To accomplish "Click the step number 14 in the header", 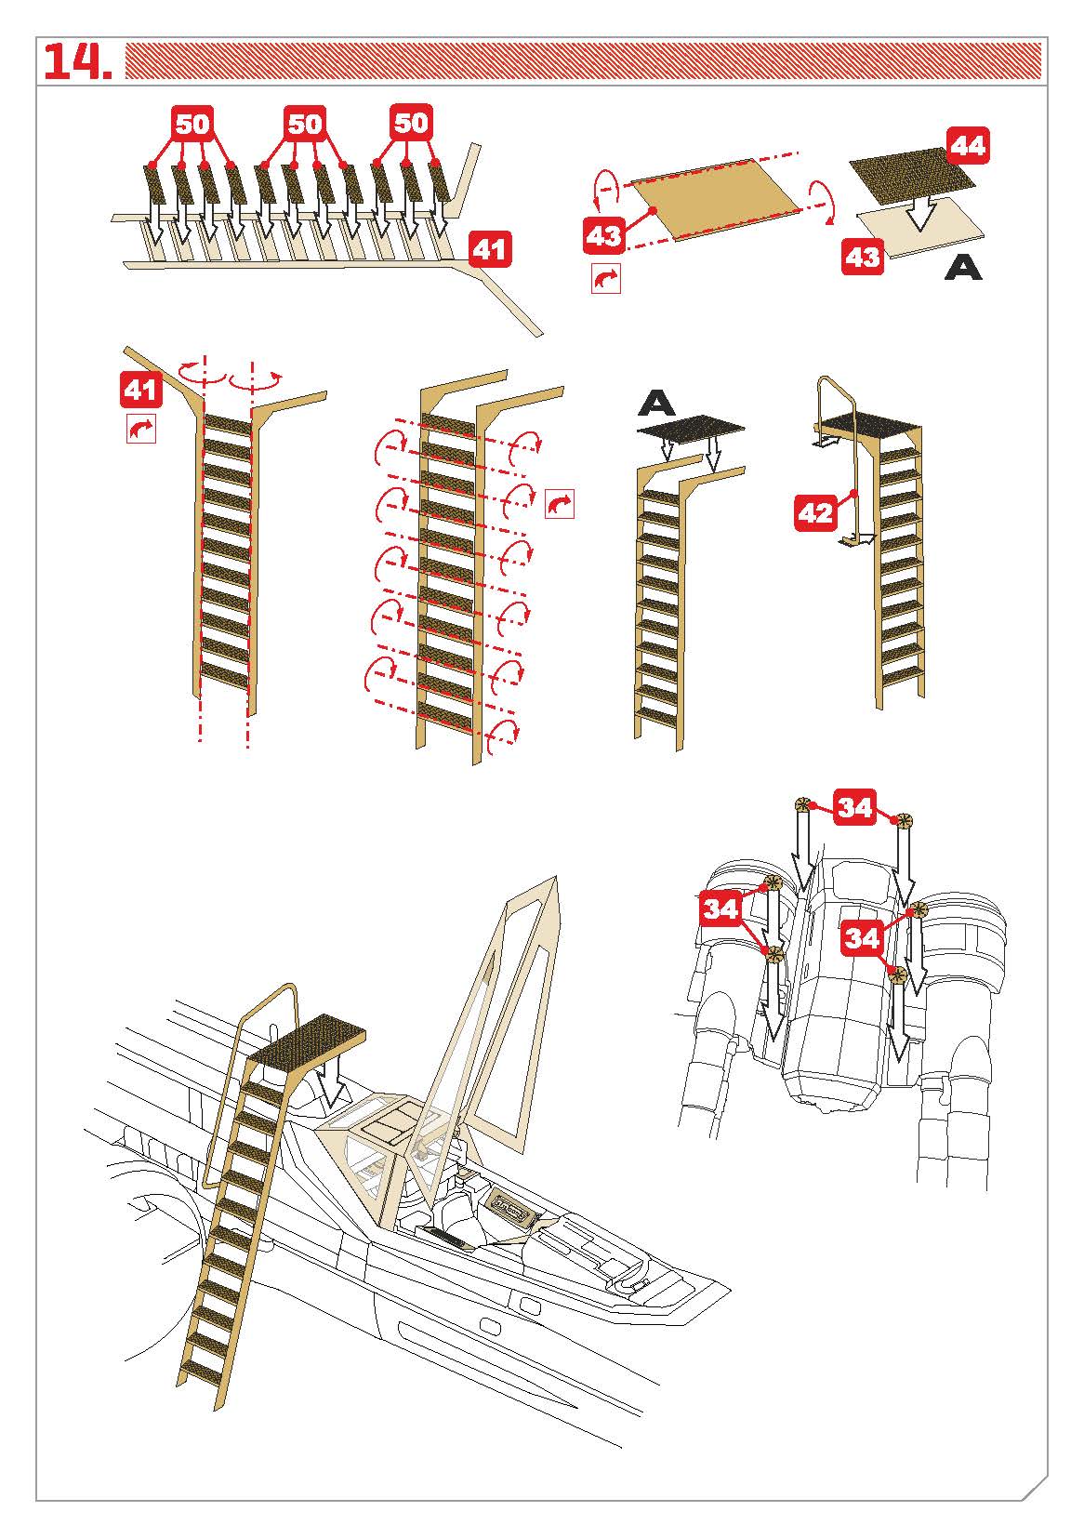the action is click(77, 61).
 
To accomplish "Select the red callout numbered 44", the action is click(968, 146).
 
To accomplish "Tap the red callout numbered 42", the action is click(815, 513).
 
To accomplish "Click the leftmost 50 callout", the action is click(192, 124).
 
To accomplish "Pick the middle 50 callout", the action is click(305, 124).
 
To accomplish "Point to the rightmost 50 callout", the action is click(411, 122).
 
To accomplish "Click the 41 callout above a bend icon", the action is click(140, 390).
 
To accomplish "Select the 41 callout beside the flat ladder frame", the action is click(490, 249).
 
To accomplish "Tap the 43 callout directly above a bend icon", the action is click(604, 235).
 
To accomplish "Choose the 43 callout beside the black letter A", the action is click(863, 257).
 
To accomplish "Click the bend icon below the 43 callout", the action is click(605, 278).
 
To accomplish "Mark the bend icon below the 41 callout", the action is click(141, 429).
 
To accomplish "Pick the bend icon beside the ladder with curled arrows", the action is click(560, 504).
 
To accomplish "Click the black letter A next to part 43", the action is click(963, 267).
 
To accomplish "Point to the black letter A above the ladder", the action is click(657, 404).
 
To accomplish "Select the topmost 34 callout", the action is click(854, 807).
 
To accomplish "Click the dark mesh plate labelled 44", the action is click(911, 175).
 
